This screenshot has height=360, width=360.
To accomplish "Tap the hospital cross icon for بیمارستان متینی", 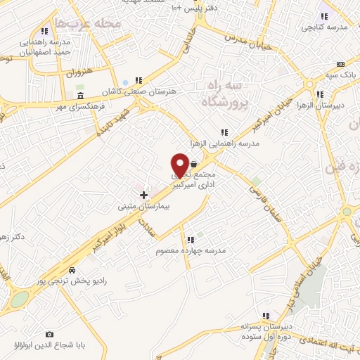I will pos(143,194).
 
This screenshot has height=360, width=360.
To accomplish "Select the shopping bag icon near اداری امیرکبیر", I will pos(193,162).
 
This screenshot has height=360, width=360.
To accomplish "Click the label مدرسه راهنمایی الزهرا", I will pos(226,143).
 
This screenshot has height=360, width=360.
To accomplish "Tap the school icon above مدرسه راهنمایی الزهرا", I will pos(225,131).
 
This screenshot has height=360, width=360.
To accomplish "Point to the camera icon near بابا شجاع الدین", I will pos(49,334).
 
